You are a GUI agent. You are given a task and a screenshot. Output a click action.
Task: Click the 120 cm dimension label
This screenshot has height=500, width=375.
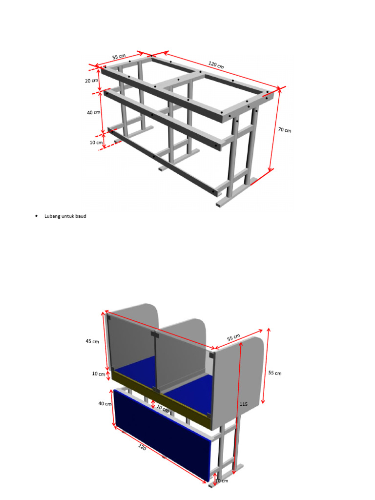pos(216,65)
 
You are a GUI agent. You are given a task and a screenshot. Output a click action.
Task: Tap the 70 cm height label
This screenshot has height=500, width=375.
pos(284,130)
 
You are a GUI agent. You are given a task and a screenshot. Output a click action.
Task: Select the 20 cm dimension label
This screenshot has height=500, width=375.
pos(92,81)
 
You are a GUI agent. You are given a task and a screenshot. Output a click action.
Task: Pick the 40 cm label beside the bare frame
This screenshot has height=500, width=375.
pos(93,112)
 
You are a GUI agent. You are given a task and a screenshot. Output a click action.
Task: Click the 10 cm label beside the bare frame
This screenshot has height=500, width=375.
pos(96,143)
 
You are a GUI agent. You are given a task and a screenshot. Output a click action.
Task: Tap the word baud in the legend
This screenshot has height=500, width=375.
pos(81,216)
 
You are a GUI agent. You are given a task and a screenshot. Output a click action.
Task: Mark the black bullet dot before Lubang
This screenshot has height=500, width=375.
pos(37,216)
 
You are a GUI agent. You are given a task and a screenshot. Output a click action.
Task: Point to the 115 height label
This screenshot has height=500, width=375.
pos(244,404)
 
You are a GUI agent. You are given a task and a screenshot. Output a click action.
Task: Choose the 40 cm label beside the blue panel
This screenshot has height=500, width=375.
pos(104,403)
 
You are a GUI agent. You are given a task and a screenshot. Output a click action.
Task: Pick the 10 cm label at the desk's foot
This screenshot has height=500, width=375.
pos(221,481)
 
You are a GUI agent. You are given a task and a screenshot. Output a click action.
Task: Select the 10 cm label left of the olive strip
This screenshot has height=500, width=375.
pos(99,374)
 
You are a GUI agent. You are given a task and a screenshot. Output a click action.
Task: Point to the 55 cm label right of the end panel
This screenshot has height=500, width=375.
pos(275,373)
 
